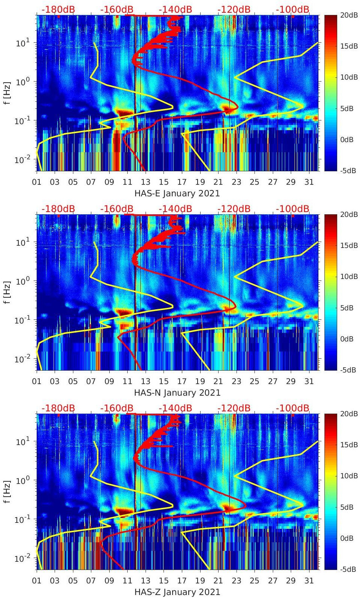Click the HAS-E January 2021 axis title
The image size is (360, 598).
[177, 193]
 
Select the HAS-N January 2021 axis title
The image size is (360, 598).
[177, 393]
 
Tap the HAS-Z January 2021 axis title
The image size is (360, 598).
[177, 592]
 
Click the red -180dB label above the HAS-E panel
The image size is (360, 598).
[58, 9]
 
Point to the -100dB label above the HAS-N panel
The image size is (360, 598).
[293, 209]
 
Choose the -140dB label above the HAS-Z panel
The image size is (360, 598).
[175, 408]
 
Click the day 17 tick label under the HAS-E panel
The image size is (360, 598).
[182, 182]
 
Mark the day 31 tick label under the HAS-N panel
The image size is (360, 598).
[309, 381]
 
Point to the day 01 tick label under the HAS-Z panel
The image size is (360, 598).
[37, 581]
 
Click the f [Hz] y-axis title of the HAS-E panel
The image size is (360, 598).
[7, 93]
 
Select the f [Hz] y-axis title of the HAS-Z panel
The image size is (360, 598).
[7, 492]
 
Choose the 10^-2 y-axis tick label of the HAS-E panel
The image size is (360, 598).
[21, 160]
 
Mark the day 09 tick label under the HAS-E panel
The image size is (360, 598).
[109, 182]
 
